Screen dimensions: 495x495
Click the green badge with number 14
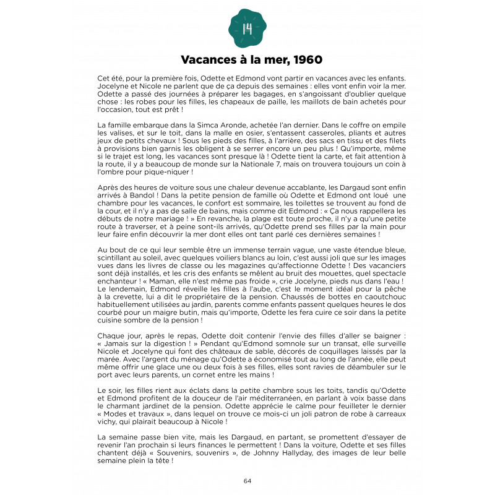(x=247, y=27)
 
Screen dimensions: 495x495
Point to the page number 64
(x=247, y=481)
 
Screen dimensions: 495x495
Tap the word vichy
(x=108, y=421)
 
